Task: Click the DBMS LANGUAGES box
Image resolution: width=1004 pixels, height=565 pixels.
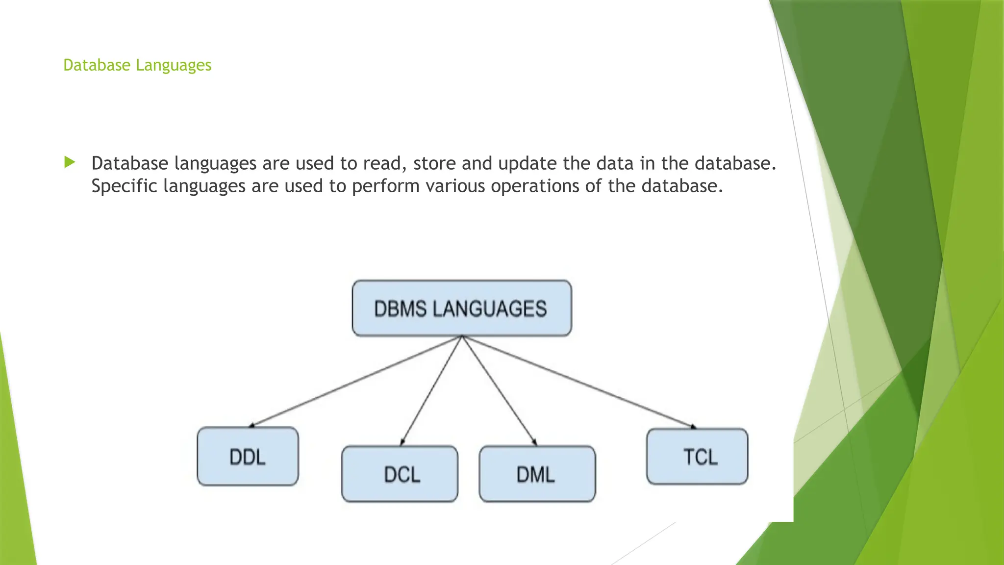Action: pyautogui.click(x=462, y=308)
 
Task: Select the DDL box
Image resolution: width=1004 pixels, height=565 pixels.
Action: pyautogui.click(x=248, y=457)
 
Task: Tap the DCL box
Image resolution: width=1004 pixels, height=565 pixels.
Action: pyautogui.click(x=400, y=474)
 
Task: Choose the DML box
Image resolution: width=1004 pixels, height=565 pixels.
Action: pyautogui.click(x=537, y=474)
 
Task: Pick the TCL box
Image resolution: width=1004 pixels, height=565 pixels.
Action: pyautogui.click(x=697, y=457)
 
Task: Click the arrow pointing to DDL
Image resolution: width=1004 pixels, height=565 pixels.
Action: pyautogui.click(x=355, y=381)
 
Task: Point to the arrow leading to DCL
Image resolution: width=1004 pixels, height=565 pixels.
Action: pyautogui.click(x=431, y=390)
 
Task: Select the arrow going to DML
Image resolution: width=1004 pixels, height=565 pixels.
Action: pyautogui.click(x=499, y=390)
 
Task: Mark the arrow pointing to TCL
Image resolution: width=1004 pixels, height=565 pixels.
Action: pyautogui.click(x=578, y=381)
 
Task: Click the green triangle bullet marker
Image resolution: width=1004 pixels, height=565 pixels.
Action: pyautogui.click(x=70, y=162)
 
